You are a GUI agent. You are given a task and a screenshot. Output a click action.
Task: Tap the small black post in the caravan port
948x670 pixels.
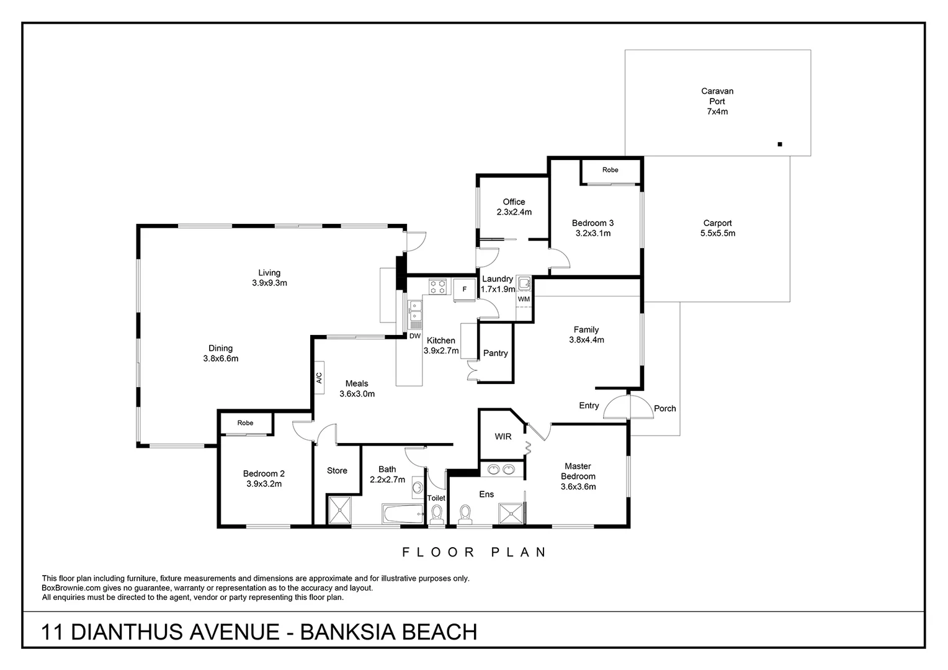click(x=780, y=145)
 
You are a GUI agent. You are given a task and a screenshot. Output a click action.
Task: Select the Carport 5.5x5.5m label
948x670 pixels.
click(x=717, y=228)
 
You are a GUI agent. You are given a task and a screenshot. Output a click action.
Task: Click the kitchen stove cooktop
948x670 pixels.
click(x=437, y=287)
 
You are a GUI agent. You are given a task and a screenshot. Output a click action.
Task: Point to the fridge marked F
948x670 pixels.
click(x=464, y=289)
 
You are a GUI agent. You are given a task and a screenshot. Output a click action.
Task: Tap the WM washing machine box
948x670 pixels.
click(x=524, y=299)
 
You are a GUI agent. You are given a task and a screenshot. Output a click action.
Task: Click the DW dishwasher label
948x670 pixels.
click(x=414, y=336)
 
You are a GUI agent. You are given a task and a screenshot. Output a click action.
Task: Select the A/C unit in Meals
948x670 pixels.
click(x=319, y=377)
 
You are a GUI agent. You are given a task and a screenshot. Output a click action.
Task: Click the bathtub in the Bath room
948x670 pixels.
click(x=402, y=514)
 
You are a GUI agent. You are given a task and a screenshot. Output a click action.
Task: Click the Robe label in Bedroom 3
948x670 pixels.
click(x=610, y=170)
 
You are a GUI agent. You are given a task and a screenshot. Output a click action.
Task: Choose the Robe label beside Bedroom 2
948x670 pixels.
click(x=245, y=423)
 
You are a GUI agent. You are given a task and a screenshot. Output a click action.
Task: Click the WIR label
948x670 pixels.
click(x=503, y=437)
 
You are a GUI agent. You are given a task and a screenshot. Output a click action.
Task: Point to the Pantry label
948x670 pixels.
click(x=495, y=353)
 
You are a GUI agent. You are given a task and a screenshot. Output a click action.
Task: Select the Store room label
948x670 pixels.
click(x=337, y=471)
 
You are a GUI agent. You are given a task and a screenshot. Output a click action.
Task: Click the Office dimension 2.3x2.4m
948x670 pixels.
click(x=514, y=212)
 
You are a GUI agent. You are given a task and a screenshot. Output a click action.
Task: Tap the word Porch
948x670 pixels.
click(x=664, y=408)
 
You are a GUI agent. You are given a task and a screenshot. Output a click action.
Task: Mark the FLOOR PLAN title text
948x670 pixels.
click(x=474, y=552)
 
